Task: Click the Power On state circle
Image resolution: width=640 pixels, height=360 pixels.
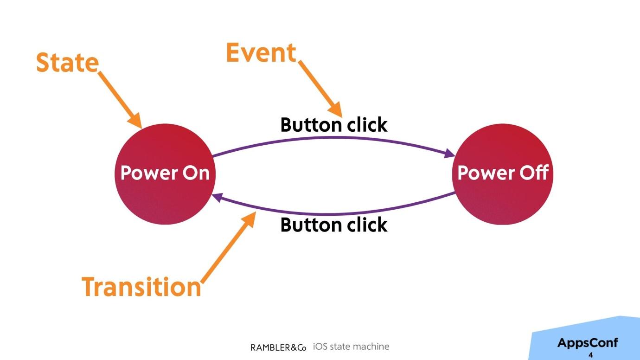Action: [x=165, y=174]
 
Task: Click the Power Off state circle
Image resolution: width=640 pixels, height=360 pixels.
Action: [x=503, y=174]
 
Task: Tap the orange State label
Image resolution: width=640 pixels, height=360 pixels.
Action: [x=68, y=63]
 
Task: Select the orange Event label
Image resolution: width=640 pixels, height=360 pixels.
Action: [x=261, y=52]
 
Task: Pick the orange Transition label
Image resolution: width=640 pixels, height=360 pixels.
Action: [x=141, y=287]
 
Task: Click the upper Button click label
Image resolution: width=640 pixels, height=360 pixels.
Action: [x=334, y=125]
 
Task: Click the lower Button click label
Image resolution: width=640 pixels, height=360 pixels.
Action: [x=334, y=225]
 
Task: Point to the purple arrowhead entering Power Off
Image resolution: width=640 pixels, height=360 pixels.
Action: [x=450, y=154]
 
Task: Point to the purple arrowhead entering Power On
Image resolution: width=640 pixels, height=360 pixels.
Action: [x=218, y=197]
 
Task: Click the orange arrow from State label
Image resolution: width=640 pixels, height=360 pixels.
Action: [x=120, y=100]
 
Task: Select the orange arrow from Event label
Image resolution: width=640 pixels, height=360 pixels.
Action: [x=320, y=89]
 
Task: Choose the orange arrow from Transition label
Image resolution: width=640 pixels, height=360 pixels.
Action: [x=229, y=247]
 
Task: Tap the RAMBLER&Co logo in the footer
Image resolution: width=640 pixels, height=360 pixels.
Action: [x=278, y=347]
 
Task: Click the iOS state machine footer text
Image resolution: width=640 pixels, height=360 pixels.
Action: [x=351, y=347]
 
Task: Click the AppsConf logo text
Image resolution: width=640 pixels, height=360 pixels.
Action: [x=588, y=342]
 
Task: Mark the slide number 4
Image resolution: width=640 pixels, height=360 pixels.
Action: [x=590, y=355]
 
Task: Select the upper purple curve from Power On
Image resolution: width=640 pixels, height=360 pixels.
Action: [x=334, y=138]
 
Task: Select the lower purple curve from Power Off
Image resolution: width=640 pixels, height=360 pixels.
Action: [x=334, y=214]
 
